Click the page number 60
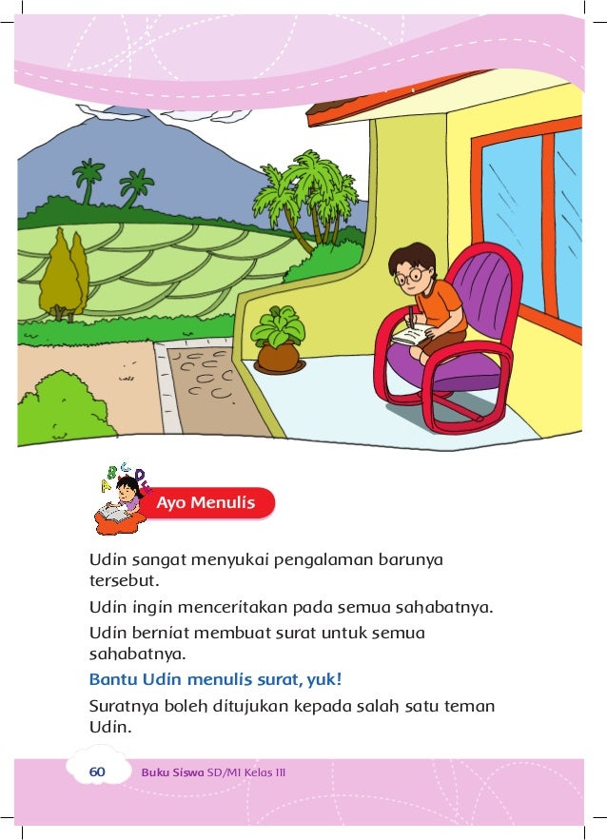96,772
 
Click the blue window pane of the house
513,228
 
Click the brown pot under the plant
279,358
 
